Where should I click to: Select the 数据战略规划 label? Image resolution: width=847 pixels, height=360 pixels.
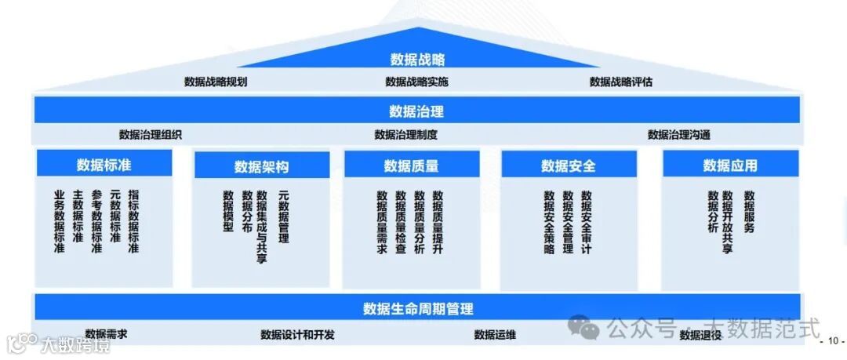216,82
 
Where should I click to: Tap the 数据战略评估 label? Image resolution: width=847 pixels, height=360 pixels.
621,82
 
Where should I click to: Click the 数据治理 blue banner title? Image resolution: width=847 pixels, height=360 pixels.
416,111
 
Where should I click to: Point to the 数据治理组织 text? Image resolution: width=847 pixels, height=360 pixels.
151,134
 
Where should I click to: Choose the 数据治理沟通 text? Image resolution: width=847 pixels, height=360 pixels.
679,134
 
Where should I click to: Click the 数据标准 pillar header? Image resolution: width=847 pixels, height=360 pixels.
104,165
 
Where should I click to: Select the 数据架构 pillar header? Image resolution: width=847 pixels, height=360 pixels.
261,166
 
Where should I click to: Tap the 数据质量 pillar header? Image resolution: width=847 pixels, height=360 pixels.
411,165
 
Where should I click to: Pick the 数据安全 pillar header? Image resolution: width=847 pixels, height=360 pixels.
569,165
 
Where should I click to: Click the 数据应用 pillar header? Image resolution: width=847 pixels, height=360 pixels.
730,165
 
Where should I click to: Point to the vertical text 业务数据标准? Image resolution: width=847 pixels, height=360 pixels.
60,221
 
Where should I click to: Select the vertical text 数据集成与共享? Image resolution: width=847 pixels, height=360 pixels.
262,226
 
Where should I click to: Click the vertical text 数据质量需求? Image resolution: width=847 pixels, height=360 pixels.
382,222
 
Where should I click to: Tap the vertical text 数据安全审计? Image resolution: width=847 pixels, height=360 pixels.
587,222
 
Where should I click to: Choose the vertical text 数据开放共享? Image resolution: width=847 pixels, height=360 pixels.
728,222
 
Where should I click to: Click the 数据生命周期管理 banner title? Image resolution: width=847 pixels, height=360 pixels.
418,308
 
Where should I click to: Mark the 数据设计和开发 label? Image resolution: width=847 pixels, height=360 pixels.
297,335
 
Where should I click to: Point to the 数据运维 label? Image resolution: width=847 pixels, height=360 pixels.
495,335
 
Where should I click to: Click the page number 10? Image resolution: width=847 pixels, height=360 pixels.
831,341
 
